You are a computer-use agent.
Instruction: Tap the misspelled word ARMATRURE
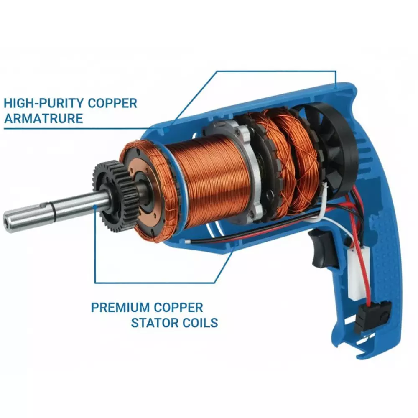tap(43, 118)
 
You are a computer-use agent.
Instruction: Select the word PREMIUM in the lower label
tap(120, 308)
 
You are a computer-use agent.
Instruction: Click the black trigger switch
tap(323, 249)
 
